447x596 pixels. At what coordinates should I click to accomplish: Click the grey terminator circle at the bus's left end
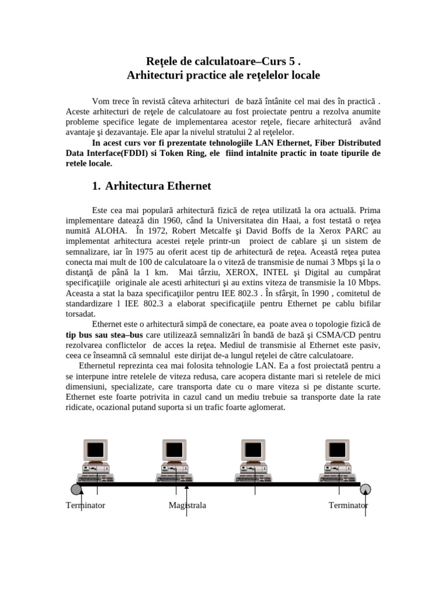coord(76,488)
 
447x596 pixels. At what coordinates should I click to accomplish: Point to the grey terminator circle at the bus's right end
coord(366,488)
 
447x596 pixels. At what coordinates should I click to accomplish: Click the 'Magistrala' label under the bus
coord(187,505)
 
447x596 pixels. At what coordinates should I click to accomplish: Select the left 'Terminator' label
coord(86,505)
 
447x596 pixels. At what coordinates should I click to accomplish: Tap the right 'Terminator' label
coord(348,505)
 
